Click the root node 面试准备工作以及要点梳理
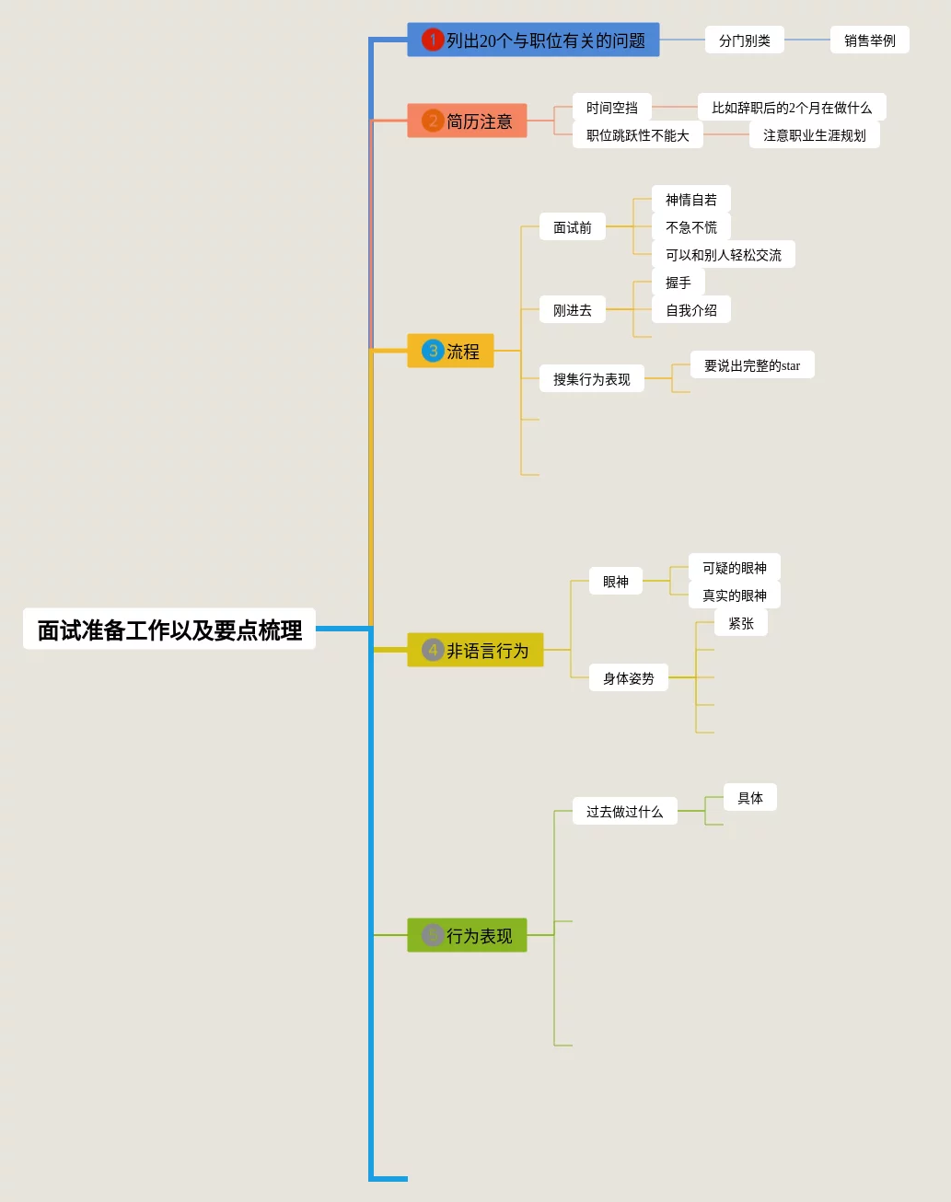[x=169, y=630]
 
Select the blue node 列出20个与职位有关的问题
[x=533, y=40]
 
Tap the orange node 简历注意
[x=467, y=121]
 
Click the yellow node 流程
[x=450, y=352]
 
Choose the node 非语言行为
[x=475, y=651]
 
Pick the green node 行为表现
[x=467, y=936]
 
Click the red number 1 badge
[x=433, y=40]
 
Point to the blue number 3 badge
[x=433, y=352]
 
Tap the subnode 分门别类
[x=744, y=40]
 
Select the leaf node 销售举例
[x=869, y=40]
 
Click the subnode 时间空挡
[x=611, y=108]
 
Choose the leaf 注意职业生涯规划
[x=814, y=135]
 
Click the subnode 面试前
[x=572, y=227]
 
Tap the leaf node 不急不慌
[x=690, y=227]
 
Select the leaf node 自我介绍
[x=690, y=310]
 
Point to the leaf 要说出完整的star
[x=751, y=365]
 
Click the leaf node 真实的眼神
[x=734, y=595]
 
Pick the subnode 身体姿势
[x=628, y=678]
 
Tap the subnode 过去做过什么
[x=624, y=812]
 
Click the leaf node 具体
[x=749, y=798]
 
